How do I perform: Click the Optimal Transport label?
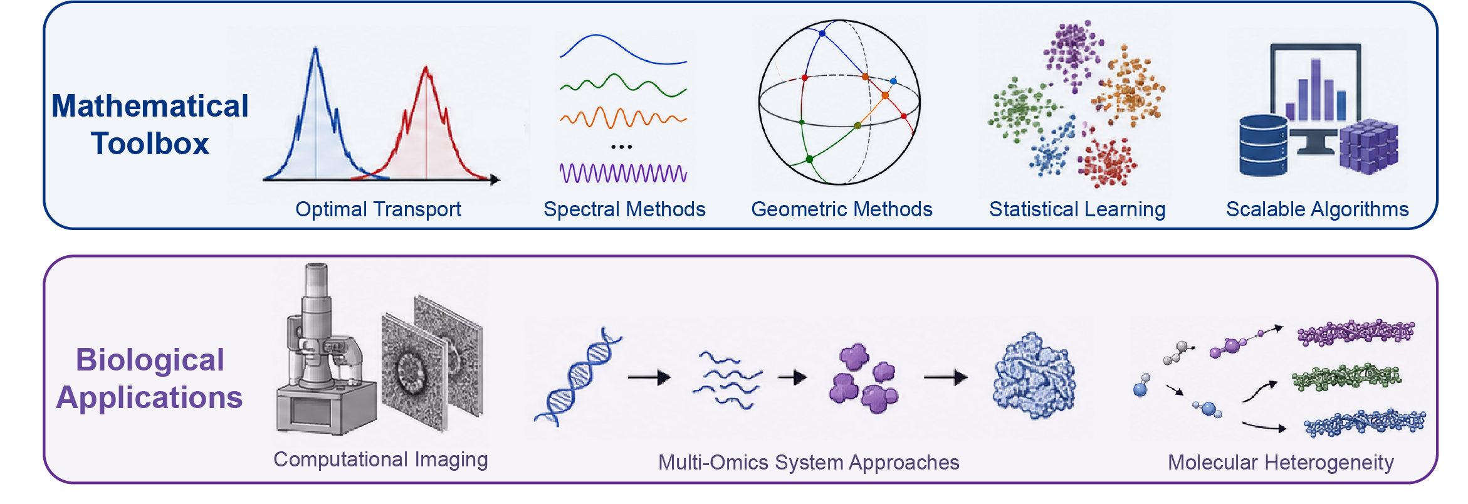coord(378,209)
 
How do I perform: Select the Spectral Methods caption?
coord(624,209)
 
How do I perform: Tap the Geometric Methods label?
coord(842,209)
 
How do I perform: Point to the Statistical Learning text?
coord(1077,209)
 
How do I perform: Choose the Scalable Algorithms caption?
coord(1317,209)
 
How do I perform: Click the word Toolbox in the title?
coord(150,144)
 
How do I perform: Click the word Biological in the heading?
coord(150,360)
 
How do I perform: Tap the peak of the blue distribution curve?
coord(316,48)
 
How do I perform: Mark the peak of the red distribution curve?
coord(426,66)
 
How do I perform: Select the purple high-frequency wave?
coord(623,173)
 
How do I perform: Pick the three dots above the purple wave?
coord(621,147)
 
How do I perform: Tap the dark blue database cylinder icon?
coord(1263,145)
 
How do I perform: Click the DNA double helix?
coord(577,376)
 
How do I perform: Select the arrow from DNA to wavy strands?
coord(649,377)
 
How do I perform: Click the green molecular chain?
coord(1346,377)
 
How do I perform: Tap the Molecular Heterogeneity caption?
coord(1281,463)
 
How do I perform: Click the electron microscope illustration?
coord(326,351)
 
